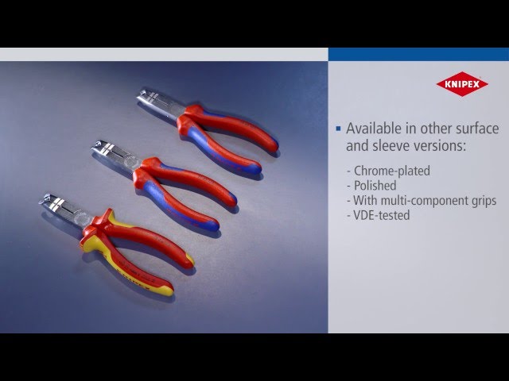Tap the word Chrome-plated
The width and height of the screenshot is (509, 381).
tap(392, 171)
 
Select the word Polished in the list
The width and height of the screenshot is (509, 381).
tap(375, 186)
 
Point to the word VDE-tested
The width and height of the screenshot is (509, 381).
tap(382, 215)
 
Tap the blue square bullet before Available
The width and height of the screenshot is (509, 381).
tap(338, 128)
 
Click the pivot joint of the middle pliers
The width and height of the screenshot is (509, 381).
tap(142, 165)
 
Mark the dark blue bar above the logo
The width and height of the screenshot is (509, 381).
tap(418, 54)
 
